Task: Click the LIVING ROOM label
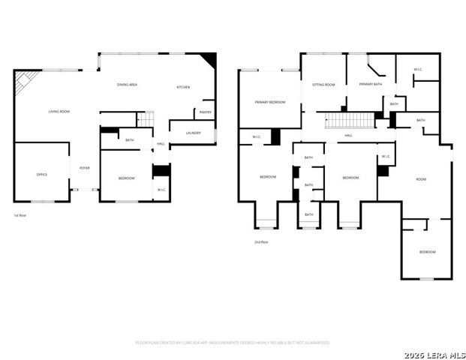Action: (x=59, y=112)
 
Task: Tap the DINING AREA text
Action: (x=127, y=85)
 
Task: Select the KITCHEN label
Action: (x=183, y=87)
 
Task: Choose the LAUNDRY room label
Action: (x=193, y=133)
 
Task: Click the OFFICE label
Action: (x=42, y=175)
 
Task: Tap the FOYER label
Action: (x=85, y=168)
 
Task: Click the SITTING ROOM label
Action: (x=323, y=85)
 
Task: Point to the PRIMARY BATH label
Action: (x=371, y=85)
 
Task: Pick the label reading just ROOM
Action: (x=421, y=179)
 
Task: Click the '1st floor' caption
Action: (x=21, y=215)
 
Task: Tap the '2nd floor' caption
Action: (x=260, y=241)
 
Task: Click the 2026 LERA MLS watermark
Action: (x=434, y=354)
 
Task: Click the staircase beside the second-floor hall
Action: (x=349, y=120)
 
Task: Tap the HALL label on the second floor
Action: (x=349, y=136)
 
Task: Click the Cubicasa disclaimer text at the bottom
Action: (x=232, y=342)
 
